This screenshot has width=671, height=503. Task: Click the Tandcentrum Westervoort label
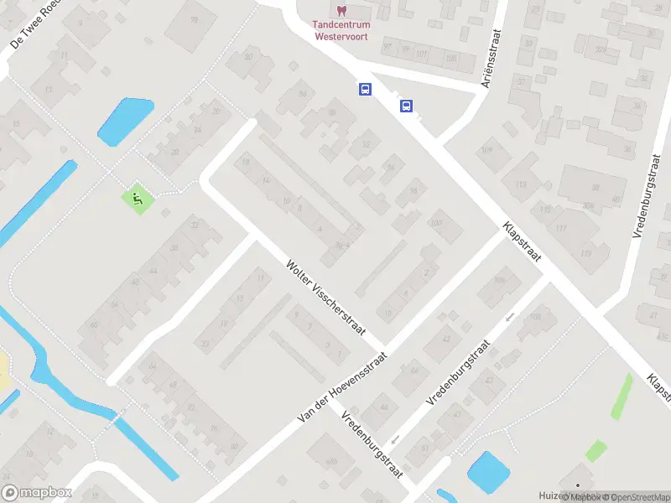point(342,30)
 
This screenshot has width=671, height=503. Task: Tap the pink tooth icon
point(341,10)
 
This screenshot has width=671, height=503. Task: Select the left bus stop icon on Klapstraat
point(365,89)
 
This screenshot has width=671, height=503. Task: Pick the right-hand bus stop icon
point(406,106)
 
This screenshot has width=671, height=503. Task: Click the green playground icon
point(136,199)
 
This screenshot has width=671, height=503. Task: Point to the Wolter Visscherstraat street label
point(325,296)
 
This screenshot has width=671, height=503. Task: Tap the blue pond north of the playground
point(126,121)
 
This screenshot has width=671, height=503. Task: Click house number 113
point(521,184)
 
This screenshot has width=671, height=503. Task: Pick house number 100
point(435,222)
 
